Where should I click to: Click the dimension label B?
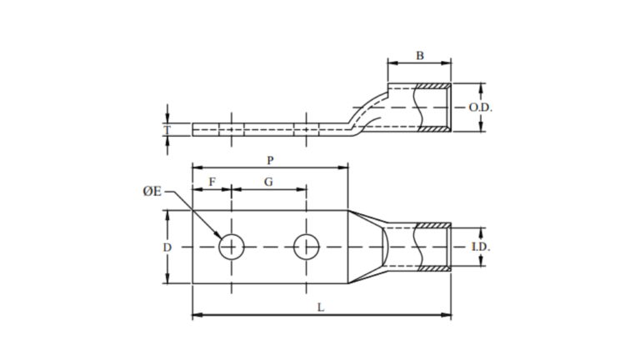point(420,56)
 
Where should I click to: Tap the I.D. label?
point(481,247)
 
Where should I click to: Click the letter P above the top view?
point(270,159)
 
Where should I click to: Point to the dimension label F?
point(212,181)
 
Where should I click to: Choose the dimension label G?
point(268,181)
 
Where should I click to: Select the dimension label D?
point(167,247)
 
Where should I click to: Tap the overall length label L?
point(321,307)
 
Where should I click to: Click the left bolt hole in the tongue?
point(231,247)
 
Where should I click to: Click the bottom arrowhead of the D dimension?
point(167,279)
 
